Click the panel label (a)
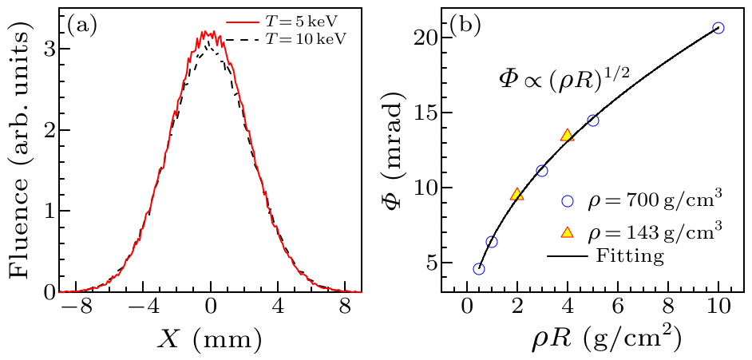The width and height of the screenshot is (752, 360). (82, 25)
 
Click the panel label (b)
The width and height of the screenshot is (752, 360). (465, 25)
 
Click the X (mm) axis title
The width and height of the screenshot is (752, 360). (211, 339)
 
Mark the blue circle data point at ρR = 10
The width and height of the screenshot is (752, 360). (718, 28)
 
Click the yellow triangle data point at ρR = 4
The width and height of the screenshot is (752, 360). (567, 136)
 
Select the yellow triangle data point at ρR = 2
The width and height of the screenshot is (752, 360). (517, 194)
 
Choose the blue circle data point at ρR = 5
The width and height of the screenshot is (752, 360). (592, 121)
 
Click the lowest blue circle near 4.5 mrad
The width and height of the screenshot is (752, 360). (479, 269)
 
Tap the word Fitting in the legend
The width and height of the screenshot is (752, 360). (630, 256)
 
